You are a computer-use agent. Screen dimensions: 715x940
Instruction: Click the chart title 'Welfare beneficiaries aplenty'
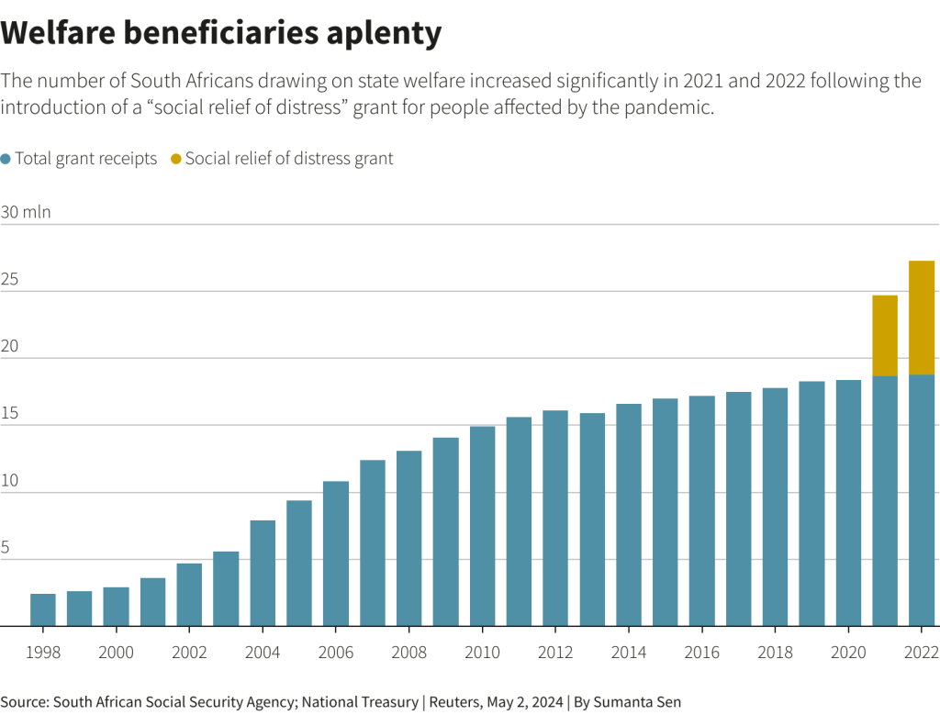coord(221,33)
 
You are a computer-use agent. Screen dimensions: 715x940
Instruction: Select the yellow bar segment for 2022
coord(921,318)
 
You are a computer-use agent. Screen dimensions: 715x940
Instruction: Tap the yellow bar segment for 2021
coord(884,335)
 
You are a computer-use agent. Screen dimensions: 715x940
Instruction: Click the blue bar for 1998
coord(43,609)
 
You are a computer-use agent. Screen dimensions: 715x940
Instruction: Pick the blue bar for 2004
coord(263,573)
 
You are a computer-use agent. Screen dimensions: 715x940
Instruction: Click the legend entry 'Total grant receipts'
coord(85,159)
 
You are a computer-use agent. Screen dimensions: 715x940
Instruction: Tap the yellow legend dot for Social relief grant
coord(176,159)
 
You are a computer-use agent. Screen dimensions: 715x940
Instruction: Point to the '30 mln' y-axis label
coord(26,212)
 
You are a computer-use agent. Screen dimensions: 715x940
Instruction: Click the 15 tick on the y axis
coord(9,414)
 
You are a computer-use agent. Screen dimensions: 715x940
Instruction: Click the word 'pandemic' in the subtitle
coord(675,107)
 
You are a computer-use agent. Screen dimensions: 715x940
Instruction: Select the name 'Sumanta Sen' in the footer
coord(638,702)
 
